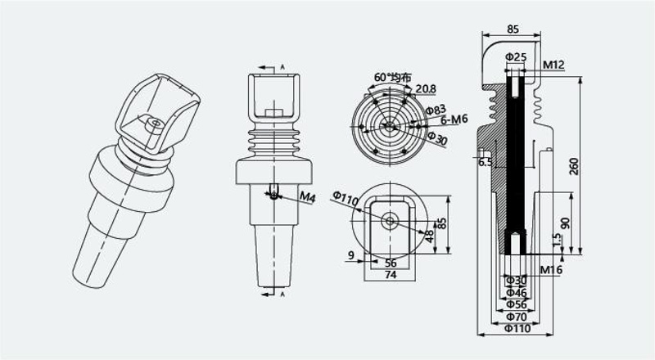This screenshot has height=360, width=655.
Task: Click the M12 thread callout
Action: [x=553, y=65]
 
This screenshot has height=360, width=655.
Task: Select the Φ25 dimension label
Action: [x=516, y=56]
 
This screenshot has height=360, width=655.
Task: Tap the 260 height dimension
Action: [x=575, y=166]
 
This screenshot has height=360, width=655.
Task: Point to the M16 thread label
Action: [x=551, y=270]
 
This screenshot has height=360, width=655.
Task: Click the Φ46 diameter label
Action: [x=517, y=293]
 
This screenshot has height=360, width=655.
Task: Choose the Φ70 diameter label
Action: [x=517, y=317]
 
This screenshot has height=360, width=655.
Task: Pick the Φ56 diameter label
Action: [x=517, y=305]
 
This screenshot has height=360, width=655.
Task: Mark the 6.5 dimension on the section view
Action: [x=486, y=162]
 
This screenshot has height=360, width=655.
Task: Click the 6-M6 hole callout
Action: [x=454, y=119]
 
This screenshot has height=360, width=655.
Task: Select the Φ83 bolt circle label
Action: [x=436, y=110]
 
